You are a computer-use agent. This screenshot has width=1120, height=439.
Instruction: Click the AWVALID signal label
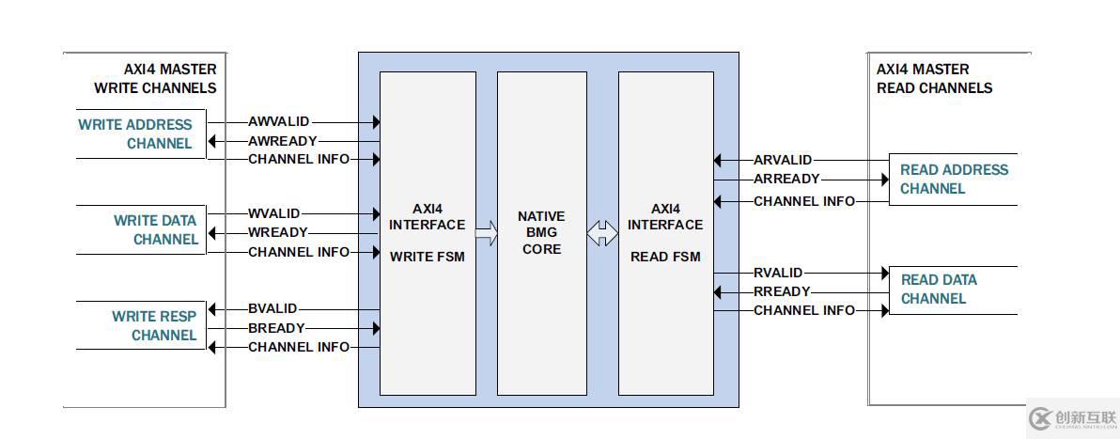pos(279,122)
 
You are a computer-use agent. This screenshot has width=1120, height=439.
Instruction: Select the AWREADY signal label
pos(283,141)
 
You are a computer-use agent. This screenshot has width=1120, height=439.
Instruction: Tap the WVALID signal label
pos(274,214)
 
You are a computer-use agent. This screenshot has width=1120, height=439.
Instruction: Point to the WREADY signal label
pos(278,233)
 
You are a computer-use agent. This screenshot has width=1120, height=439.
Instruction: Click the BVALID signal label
pos(272,308)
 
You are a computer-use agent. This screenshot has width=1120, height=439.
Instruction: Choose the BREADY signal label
pos(276,328)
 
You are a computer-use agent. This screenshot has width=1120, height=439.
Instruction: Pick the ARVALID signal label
pos(783,161)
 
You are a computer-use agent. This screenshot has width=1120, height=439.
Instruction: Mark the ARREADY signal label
pos(786,180)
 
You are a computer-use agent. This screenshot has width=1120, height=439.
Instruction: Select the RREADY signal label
pos(782,292)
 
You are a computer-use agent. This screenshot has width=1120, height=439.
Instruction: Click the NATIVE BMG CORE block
pos(541,233)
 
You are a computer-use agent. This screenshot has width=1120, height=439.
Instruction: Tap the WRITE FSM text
pos(428,257)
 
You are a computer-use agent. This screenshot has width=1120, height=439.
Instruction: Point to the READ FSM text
pos(665,257)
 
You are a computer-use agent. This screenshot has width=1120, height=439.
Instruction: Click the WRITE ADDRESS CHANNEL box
pos(140,133)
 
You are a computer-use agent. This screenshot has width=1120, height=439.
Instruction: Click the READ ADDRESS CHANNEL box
pos(952,180)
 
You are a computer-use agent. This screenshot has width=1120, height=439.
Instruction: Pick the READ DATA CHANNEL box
pos(952,290)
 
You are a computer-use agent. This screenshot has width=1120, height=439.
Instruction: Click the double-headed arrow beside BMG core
pos(602,234)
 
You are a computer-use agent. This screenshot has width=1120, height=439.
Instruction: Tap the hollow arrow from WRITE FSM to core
pos(487,234)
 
